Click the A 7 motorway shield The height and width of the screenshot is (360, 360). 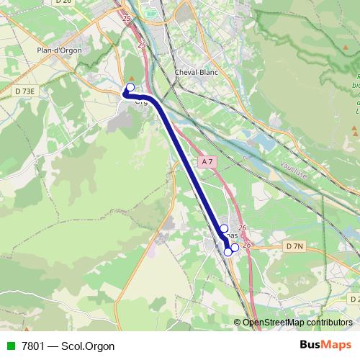click(x=207, y=162)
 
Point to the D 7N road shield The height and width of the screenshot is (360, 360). click(x=294, y=246)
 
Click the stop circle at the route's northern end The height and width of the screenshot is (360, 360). click(x=130, y=88)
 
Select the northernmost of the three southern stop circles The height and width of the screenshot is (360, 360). click(x=224, y=228)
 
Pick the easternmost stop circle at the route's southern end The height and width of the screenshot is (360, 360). click(x=235, y=247)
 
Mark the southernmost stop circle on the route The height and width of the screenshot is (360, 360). click(x=228, y=251)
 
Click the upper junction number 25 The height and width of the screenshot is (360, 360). click(x=127, y=18)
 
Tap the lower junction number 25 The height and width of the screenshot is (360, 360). click(x=140, y=45)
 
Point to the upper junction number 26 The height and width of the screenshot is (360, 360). click(x=241, y=228)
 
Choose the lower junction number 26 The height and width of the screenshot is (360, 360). click(x=247, y=245)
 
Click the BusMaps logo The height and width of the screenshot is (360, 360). click(x=325, y=346)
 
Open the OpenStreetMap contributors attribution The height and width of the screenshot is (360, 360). click(x=297, y=323)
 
